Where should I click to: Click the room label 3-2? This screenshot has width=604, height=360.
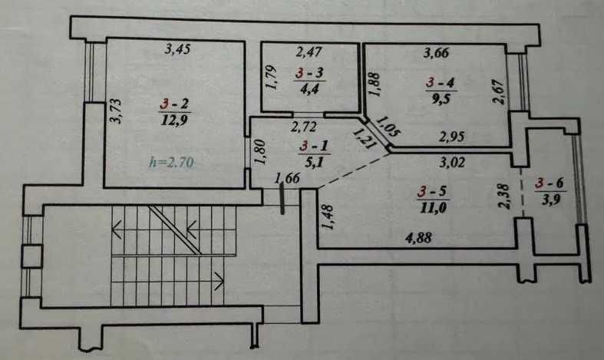click(x=174, y=104)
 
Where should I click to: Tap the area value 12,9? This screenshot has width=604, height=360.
click(x=174, y=121)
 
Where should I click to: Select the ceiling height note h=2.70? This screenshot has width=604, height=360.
click(x=171, y=162)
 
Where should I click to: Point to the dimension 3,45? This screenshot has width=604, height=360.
click(x=177, y=49)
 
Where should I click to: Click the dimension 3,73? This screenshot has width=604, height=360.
click(x=116, y=111)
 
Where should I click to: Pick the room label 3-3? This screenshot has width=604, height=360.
click(x=310, y=72)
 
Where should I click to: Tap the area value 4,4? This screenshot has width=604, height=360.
click(x=310, y=89)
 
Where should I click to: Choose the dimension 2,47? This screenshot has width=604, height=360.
click(x=309, y=51)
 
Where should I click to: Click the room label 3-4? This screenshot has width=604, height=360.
click(x=441, y=82)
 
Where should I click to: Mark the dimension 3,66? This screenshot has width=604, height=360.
click(x=437, y=52)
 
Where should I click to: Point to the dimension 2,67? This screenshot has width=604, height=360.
click(x=498, y=92)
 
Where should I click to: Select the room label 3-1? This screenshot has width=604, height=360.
click(x=315, y=146)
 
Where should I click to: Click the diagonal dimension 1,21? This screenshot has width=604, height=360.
click(x=364, y=138)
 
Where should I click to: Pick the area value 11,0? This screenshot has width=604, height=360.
click(x=433, y=208)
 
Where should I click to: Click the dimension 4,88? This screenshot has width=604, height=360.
click(x=418, y=237)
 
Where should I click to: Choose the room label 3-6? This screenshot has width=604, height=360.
click(x=550, y=183)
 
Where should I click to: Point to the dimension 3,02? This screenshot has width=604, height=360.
click(x=452, y=162)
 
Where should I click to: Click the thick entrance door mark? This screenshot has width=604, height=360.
click(x=282, y=199)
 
